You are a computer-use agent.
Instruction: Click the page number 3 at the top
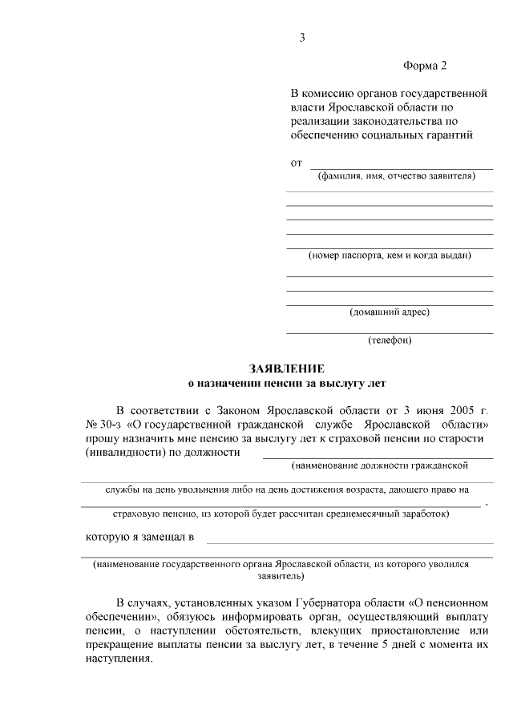coord(302,38)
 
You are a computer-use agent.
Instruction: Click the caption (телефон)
coord(390,340)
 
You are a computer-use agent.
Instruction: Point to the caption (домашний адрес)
coord(390,312)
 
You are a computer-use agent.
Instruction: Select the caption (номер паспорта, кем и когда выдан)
coord(390,256)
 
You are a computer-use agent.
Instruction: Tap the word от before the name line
coord(296,163)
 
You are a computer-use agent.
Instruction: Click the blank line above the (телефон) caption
coord(390,332)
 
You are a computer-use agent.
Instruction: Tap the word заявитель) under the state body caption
coord(281,575)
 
